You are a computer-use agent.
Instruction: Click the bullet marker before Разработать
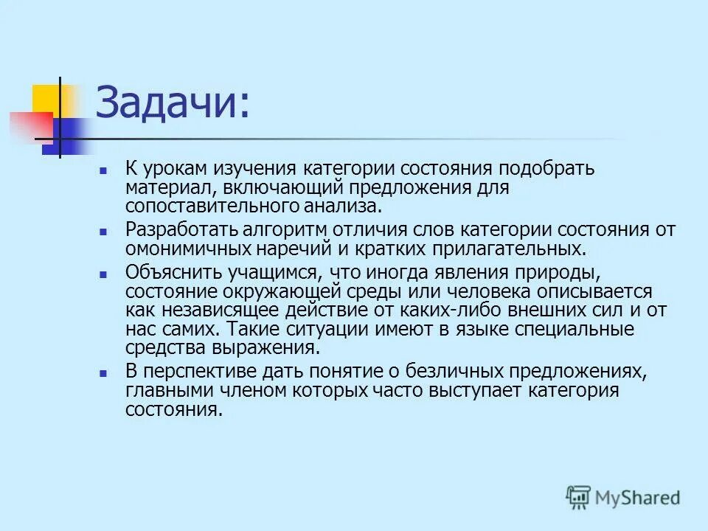pyautogui.click(x=103, y=231)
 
